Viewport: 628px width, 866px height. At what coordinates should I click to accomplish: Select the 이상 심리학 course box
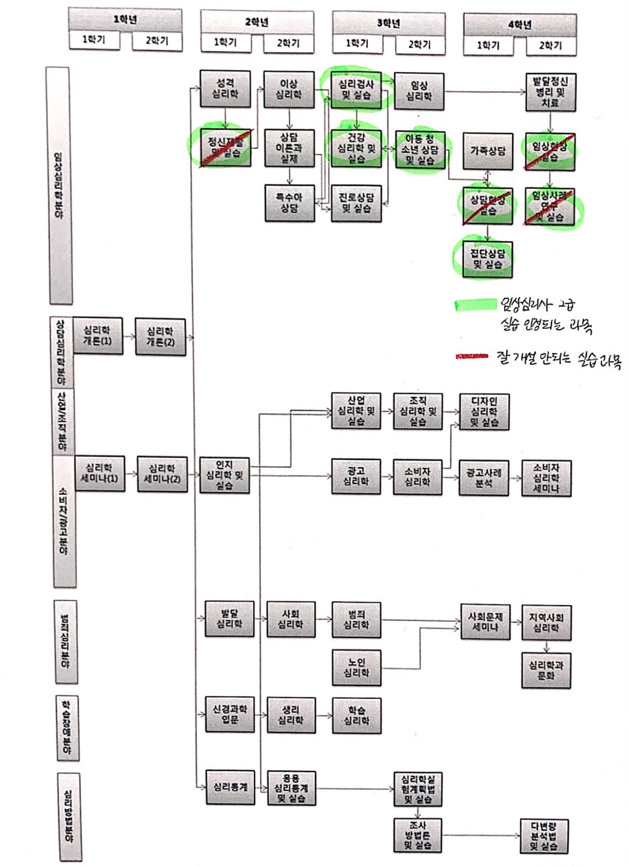pyautogui.click(x=289, y=90)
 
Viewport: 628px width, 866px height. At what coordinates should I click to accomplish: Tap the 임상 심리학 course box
pyautogui.click(x=419, y=91)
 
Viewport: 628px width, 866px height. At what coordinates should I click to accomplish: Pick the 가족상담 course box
pyautogui.click(x=487, y=150)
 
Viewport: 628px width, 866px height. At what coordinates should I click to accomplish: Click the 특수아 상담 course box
pyautogui.click(x=289, y=203)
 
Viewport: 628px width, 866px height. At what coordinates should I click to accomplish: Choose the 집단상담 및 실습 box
pyautogui.click(x=487, y=259)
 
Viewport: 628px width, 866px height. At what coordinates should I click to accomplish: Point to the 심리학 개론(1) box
pyautogui.click(x=97, y=336)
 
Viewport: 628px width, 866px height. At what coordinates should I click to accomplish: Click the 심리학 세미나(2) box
pyautogui.click(x=161, y=474)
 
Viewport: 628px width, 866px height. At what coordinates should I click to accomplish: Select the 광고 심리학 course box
pyautogui.click(x=356, y=476)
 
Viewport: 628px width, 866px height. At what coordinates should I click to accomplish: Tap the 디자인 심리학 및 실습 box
pyautogui.click(x=484, y=411)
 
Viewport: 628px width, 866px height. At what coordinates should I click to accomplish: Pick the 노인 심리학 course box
pyautogui.click(x=356, y=667)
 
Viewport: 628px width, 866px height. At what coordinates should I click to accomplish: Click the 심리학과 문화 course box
pyautogui.click(x=546, y=671)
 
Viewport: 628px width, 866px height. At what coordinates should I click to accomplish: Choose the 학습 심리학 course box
pyautogui.click(x=356, y=715)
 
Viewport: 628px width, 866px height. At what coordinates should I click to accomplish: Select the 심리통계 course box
pyautogui.click(x=230, y=787)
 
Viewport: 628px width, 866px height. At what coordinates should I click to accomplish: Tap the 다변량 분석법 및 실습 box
pyautogui.click(x=544, y=836)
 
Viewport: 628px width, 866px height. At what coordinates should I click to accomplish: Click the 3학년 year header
pyautogui.click(x=388, y=23)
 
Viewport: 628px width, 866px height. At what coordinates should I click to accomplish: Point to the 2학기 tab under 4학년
pyautogui.click(x=550, y=45)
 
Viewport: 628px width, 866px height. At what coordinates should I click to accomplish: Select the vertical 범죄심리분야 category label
pyautogui.click(x=65, y=641)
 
